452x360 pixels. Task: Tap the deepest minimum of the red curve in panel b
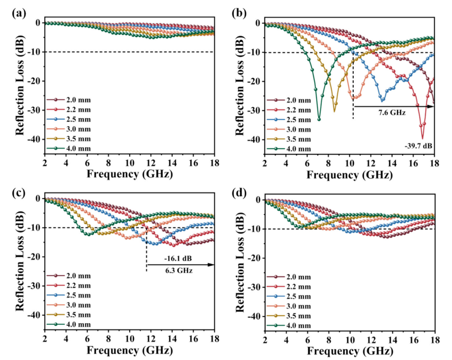point(423,138)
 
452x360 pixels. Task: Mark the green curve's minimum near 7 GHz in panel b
point(319,119)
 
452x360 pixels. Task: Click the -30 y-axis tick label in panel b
point(255,110)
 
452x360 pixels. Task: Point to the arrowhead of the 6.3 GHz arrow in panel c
point(213,265)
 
